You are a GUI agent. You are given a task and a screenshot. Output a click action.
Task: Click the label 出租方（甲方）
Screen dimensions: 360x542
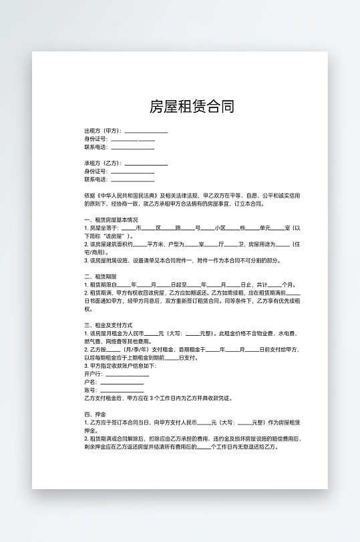pos(103,131)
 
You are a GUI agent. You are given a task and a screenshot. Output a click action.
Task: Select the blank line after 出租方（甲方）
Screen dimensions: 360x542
pos(146,131)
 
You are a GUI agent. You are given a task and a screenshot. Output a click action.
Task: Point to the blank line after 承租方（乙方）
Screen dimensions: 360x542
pos(146,164)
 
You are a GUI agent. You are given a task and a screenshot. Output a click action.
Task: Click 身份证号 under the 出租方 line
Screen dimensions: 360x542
pos(96,139)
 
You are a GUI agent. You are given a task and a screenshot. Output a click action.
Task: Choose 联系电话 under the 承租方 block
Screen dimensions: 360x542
pos(96,180)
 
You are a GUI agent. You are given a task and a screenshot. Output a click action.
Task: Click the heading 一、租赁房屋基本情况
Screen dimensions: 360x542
pos(111,220)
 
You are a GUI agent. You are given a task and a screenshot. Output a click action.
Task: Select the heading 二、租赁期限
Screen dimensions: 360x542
pos(101,276)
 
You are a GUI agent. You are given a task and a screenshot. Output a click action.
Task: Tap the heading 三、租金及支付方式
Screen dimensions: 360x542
pos(108,325)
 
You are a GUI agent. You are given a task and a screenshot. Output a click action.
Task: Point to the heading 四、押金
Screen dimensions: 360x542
pos(92,415)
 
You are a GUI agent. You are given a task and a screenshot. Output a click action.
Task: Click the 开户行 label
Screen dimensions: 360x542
pos(92,374)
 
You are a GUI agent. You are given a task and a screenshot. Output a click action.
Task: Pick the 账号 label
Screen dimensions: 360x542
pos(90,390)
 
